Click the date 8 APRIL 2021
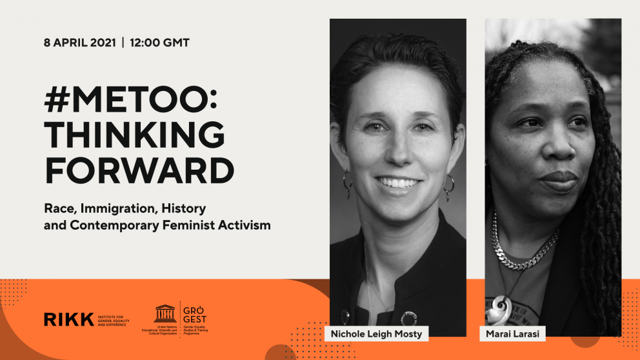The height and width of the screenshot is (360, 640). (79, 43)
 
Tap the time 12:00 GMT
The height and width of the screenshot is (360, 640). (159, 43)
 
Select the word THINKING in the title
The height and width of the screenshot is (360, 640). (134, 135)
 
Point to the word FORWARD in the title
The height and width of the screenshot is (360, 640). (139, 170)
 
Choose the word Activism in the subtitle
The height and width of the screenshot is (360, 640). (247, 226)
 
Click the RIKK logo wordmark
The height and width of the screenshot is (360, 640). (68, 319)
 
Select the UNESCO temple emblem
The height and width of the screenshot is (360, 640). (165, 314)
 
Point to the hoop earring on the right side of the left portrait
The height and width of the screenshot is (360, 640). (449, 188)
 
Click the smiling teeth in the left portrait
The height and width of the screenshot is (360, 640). (397, 183)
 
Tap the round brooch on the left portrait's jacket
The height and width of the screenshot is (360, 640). (408, 317)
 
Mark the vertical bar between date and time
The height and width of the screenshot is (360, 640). (123, 43)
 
